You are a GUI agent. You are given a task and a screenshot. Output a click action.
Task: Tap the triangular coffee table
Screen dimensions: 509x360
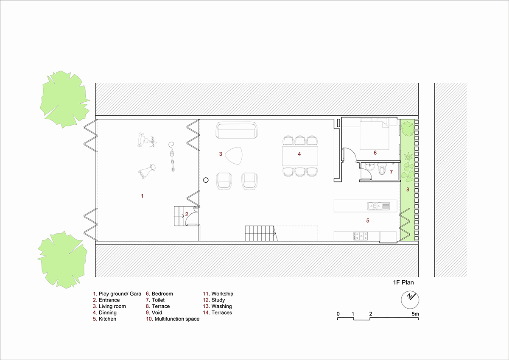[234, 156]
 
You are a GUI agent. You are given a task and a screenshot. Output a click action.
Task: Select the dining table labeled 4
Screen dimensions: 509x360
[300, 156]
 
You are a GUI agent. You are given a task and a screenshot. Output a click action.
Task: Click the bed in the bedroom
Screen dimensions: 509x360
[374, 134]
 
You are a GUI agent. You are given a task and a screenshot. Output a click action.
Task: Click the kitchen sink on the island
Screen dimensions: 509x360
[378, 206]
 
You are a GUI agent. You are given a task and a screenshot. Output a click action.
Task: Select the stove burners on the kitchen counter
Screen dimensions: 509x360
[361, 235]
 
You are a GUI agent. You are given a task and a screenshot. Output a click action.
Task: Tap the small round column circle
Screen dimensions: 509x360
[206, 180]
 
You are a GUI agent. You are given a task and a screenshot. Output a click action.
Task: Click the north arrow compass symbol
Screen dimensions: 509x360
[410, 300]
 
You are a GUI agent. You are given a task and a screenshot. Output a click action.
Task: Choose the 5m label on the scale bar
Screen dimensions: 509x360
[415, 314]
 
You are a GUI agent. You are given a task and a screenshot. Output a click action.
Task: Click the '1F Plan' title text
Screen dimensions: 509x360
[403, 282]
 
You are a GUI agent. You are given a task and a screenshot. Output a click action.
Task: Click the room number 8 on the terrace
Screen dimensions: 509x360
[408, 190]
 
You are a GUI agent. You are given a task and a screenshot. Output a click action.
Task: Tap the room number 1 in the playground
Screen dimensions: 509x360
[142, 196]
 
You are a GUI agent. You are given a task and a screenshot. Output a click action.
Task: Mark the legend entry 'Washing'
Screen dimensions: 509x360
[221, 307]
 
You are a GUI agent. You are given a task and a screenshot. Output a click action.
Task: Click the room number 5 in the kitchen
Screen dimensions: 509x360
[368, 220]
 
